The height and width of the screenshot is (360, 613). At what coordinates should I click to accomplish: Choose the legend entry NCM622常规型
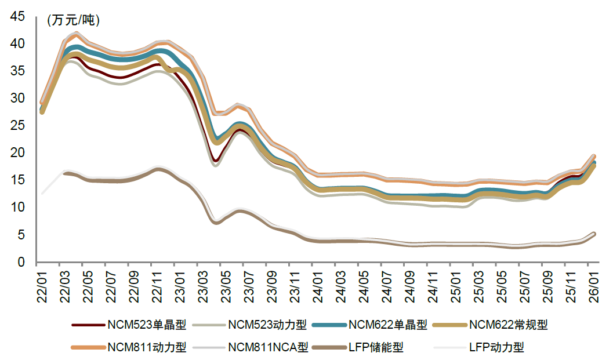coord(508,325)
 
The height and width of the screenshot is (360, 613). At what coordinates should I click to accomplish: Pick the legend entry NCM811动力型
coord(147,347)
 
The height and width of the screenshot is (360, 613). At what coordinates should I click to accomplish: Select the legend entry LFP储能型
coord(376,347)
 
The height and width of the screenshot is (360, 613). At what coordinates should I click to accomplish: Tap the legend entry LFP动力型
coord(496,347)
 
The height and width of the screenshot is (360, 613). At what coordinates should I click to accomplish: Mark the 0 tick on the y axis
coord(21,263)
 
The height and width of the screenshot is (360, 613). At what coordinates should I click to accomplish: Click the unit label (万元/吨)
coord(73,20)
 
